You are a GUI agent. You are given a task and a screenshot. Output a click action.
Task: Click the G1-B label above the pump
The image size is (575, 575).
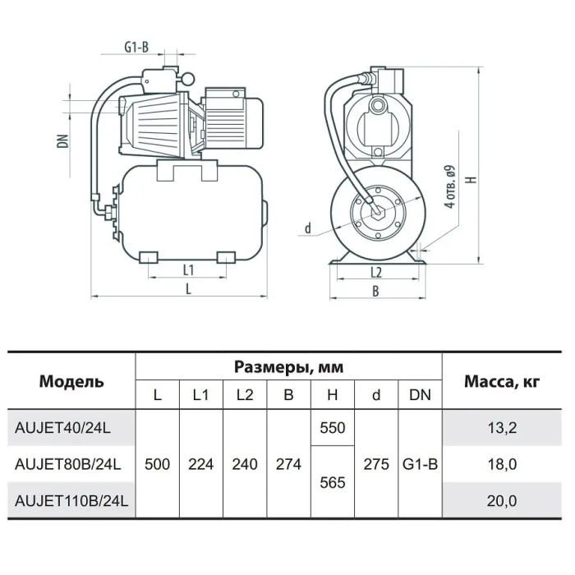tap(136, 47)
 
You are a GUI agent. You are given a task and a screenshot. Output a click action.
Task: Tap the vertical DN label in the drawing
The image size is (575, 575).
tap(62, 141)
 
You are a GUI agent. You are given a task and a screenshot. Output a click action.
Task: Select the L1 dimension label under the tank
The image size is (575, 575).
tap(188, 270)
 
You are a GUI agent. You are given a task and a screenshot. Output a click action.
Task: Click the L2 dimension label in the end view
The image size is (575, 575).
tap(376, 273)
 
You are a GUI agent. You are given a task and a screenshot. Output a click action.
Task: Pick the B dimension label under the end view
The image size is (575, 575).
tap(375, 291)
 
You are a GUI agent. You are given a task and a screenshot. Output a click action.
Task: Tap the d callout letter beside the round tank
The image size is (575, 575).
tap(308, 228)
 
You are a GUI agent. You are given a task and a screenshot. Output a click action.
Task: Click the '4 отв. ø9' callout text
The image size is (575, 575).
tap(449, 186)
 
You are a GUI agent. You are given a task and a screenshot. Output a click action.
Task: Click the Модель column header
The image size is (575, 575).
tap(71, 381)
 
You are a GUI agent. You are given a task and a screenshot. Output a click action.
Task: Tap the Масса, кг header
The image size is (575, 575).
tap(502, 382)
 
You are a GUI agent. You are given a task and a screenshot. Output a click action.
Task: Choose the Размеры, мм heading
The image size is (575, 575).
tap(288, 366)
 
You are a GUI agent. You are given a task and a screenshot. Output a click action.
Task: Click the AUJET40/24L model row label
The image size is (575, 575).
tap(62, 428)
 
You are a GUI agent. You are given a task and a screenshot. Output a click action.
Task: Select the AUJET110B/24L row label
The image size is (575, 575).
tap(71, 500)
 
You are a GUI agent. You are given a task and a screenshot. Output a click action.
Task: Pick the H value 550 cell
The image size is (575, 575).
tap(332, 428)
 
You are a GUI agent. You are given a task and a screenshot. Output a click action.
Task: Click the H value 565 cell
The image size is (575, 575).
tap(332, 483)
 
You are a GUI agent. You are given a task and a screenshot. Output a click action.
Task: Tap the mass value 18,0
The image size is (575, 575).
tap(502, 465)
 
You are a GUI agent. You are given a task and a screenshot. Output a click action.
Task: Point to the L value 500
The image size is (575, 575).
tap(158, 464)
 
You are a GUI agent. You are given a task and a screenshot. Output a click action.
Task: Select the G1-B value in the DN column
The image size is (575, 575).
tap(421, 464)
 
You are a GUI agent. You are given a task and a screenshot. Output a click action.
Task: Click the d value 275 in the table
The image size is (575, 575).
tap(376, 464)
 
